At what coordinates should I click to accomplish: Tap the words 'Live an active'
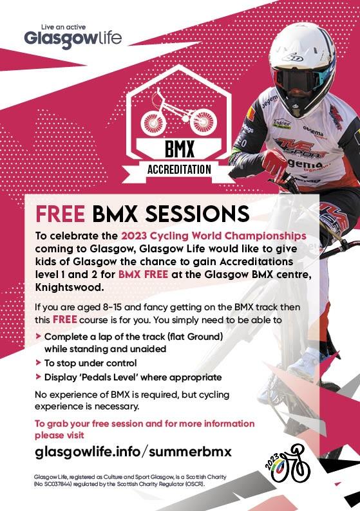(64, 27)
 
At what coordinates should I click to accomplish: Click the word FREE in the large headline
(61, 214)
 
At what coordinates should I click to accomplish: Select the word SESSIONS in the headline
(198, 214)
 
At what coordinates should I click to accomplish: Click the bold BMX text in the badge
(179, 149)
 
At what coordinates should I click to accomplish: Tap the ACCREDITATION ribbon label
(179, 169)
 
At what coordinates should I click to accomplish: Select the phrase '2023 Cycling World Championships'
(214, 236)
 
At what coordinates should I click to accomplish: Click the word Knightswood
(69, 288)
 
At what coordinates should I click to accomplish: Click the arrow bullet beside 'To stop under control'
(38, 362)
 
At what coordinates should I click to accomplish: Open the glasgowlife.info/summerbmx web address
(133, 452)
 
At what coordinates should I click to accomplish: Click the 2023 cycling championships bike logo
(287, 463)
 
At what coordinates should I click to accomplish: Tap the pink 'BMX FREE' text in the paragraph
(143, 274)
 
